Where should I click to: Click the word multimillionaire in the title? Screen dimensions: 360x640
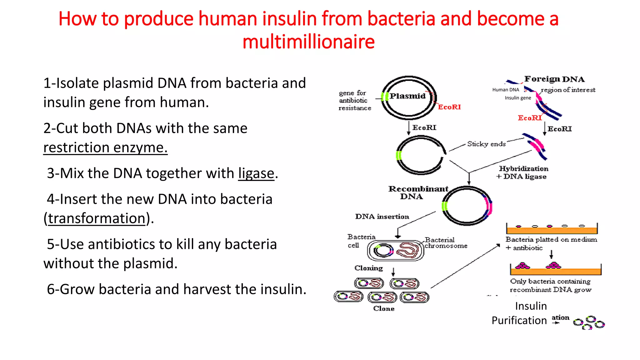coord(308,42)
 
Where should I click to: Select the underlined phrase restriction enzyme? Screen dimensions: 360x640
coord(105,147)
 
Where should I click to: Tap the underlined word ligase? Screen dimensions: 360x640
coord(256,173)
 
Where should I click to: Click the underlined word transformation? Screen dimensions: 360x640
coord(97,218)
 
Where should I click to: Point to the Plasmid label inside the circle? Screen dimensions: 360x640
coord(407,96)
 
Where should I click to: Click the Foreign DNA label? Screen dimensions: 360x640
coord(554,79)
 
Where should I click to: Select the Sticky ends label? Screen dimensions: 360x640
coord(486,144)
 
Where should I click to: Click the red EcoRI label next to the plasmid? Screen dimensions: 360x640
coord(449,107)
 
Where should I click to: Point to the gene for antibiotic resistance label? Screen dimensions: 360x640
coord(354,100)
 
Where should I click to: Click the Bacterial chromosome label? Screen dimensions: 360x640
coord(446,243)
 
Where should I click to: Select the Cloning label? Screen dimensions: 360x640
coord(368,268)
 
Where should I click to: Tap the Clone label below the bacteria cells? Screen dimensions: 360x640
coord(384,308)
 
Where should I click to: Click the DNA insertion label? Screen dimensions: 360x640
coord(382,217)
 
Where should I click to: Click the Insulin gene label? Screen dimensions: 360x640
coord(518,98)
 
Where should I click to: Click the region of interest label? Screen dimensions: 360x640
coord(568,90)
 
